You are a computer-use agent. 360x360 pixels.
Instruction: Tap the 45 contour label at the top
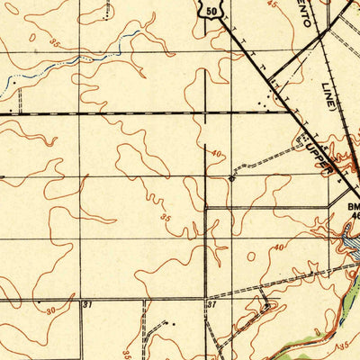(274, 4)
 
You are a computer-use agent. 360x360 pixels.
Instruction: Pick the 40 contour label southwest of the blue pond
(278, 246)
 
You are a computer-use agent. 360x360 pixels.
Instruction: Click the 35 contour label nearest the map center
(164, 217)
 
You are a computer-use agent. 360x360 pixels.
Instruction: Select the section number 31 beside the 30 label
(87, 305)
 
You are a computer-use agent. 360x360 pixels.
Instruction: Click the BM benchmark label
(352, 206)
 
